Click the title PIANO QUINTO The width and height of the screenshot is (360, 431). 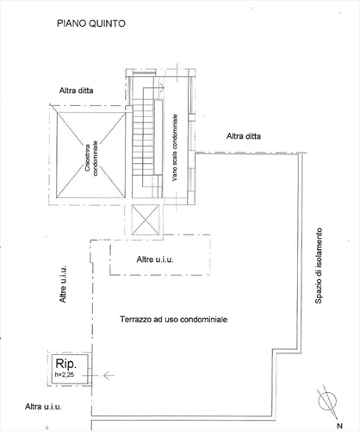[91, 23]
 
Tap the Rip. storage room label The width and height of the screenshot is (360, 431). [66, 364]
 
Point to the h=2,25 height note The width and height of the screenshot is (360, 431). [65, 375]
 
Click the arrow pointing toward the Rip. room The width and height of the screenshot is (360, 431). [109, 375]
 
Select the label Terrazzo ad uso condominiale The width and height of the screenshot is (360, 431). [174, 319]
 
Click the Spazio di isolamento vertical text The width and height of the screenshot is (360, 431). [319, 265]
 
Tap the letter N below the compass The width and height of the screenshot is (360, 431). [339, 426]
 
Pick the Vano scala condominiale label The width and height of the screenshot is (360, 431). [175, 147]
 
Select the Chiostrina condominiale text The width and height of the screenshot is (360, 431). [92, 158]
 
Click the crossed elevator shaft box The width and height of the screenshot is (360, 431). [146, 220]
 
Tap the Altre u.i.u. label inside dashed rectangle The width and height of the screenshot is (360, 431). [155, 259]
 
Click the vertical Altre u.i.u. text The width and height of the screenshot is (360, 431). [63, 284]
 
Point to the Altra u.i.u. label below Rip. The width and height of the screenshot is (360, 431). [43, 407]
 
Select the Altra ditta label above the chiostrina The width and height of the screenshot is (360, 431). [77, 91]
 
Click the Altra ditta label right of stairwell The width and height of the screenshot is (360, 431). [244, 136]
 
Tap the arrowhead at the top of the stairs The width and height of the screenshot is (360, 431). [162, 87]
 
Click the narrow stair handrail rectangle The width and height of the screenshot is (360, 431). [158, 137]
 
